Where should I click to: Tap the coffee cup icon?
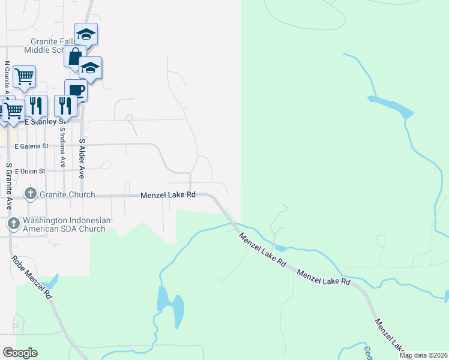tap(76, 91)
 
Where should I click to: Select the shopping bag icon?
tap(75, 57)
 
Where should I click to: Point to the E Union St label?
tap(30, 171)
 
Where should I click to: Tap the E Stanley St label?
tap(43, 121)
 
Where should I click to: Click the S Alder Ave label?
tap(82, 159)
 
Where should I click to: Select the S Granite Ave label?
tap(9, 185)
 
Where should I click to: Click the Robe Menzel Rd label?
tap(32, 277)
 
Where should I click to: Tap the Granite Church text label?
tap(67, 194)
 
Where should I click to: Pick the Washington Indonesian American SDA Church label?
tap(66, 224)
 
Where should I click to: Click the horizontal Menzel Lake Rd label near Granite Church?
tap(168, 195)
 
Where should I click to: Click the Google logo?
tap(20, 353)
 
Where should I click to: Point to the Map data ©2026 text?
tap(423, 355)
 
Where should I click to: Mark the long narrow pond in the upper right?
tap(391, 106)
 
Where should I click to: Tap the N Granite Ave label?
tap(7, 81)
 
